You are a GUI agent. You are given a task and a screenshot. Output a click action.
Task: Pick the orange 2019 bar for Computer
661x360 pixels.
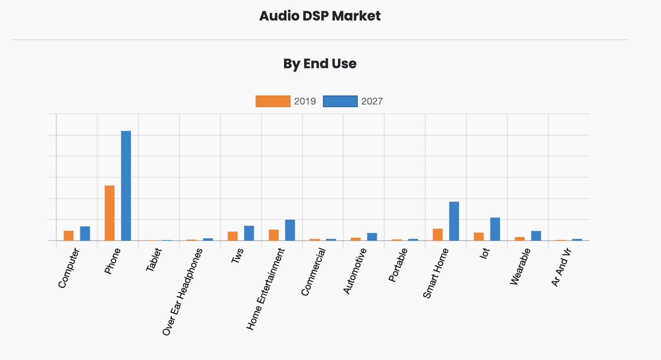69,236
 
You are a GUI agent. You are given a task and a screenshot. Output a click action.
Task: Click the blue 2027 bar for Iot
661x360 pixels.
495,229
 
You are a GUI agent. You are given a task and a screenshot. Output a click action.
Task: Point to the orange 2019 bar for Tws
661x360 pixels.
232,236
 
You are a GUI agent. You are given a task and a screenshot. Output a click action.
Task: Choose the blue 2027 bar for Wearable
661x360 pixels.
536,236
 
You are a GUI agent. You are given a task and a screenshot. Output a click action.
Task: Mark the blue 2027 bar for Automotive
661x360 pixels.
372,237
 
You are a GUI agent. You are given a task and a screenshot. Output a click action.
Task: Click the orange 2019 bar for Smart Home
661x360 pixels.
438,234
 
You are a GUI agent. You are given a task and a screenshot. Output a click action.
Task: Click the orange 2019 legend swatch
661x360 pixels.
273,101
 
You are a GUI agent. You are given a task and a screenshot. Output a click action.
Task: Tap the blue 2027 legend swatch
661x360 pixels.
340,101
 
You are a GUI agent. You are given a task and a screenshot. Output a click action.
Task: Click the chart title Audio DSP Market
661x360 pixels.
320,16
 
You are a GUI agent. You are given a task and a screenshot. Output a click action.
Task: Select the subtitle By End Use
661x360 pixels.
320,64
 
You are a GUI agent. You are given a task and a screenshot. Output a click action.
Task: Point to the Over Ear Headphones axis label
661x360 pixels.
183,291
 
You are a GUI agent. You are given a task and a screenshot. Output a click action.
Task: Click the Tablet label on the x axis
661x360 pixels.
154,260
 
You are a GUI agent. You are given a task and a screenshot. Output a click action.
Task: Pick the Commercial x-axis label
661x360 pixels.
313,272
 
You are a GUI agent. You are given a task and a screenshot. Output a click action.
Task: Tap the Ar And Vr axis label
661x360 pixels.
561,267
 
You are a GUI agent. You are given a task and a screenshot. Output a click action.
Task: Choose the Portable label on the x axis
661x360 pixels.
398,265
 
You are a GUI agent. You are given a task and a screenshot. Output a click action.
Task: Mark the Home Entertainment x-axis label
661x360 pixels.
265,289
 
